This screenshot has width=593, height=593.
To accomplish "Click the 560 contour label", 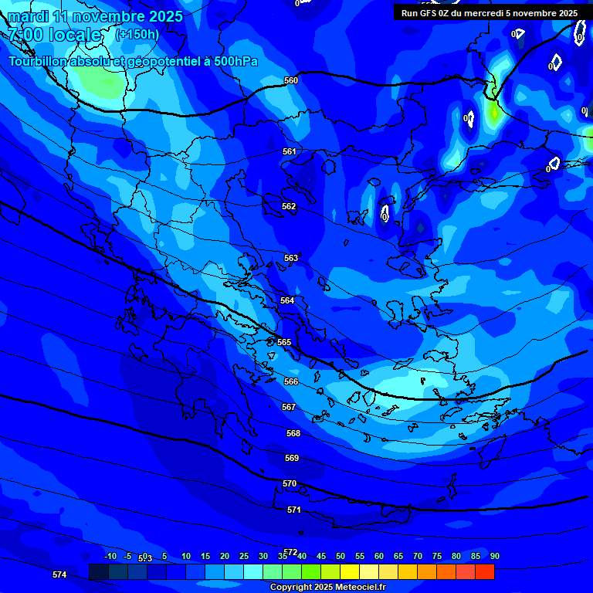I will coord(291,80).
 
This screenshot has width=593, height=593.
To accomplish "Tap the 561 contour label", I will coord(290,152).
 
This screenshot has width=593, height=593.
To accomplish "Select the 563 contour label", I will coord(291,259).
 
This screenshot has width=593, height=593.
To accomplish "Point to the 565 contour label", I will coord(284,342).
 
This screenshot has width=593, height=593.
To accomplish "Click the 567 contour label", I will coord(289,407).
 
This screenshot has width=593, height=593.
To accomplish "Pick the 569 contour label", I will coord(292,458).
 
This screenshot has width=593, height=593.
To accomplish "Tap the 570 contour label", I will coord(290,483).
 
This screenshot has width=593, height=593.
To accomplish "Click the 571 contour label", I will coord(294,510).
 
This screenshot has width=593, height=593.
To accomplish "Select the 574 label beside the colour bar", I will coord(59,574).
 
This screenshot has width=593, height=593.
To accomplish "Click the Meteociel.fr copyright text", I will coord(327,588).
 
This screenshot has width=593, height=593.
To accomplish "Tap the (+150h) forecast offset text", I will coord(137,34).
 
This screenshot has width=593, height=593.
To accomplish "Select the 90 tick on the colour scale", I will coord(494,556).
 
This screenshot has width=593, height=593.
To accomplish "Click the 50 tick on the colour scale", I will coord(341,556).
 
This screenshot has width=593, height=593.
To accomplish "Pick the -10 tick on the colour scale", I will coord(110,556).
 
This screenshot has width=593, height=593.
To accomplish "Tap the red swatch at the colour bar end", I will coord(485,571).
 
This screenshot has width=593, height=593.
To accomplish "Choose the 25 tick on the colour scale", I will coord(244,556).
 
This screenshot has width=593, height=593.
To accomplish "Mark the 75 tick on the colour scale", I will coord(437,556).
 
